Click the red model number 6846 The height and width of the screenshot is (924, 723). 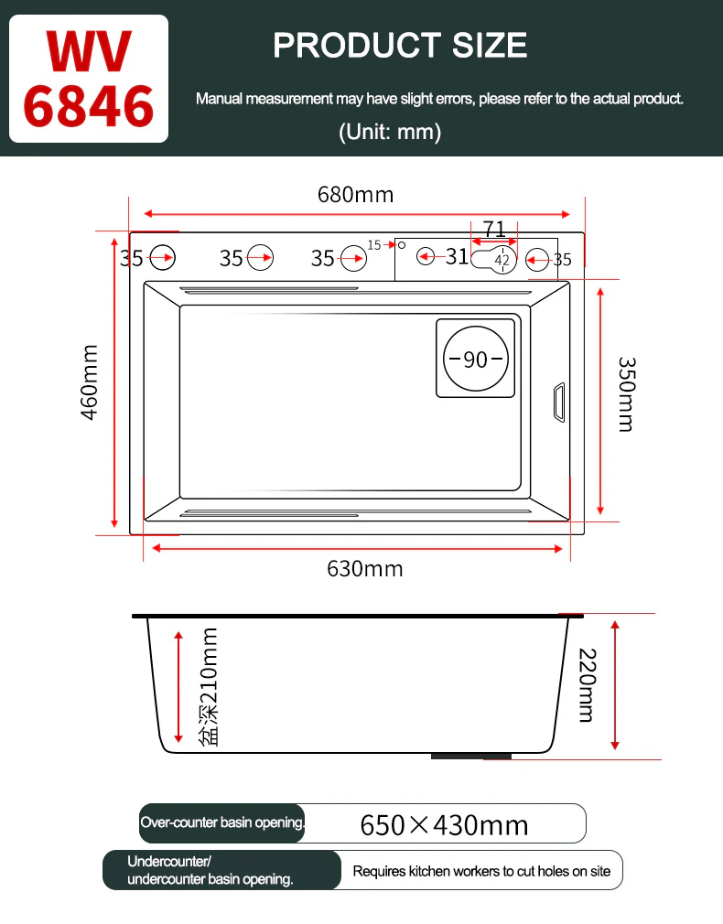point(89,106)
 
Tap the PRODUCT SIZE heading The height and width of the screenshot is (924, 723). point(400,46)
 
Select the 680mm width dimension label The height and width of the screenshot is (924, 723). point(356,195)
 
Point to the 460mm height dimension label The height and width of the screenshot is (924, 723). point(89,382)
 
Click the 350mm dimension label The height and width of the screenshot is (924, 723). point(626,393)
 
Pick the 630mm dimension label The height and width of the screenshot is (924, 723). point(365,569)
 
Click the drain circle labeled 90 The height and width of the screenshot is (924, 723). point(475,359)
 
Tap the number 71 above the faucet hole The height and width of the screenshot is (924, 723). point(494,229)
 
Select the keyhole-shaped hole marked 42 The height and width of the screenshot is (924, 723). point(494,260)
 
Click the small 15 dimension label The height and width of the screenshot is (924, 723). point(374,244)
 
